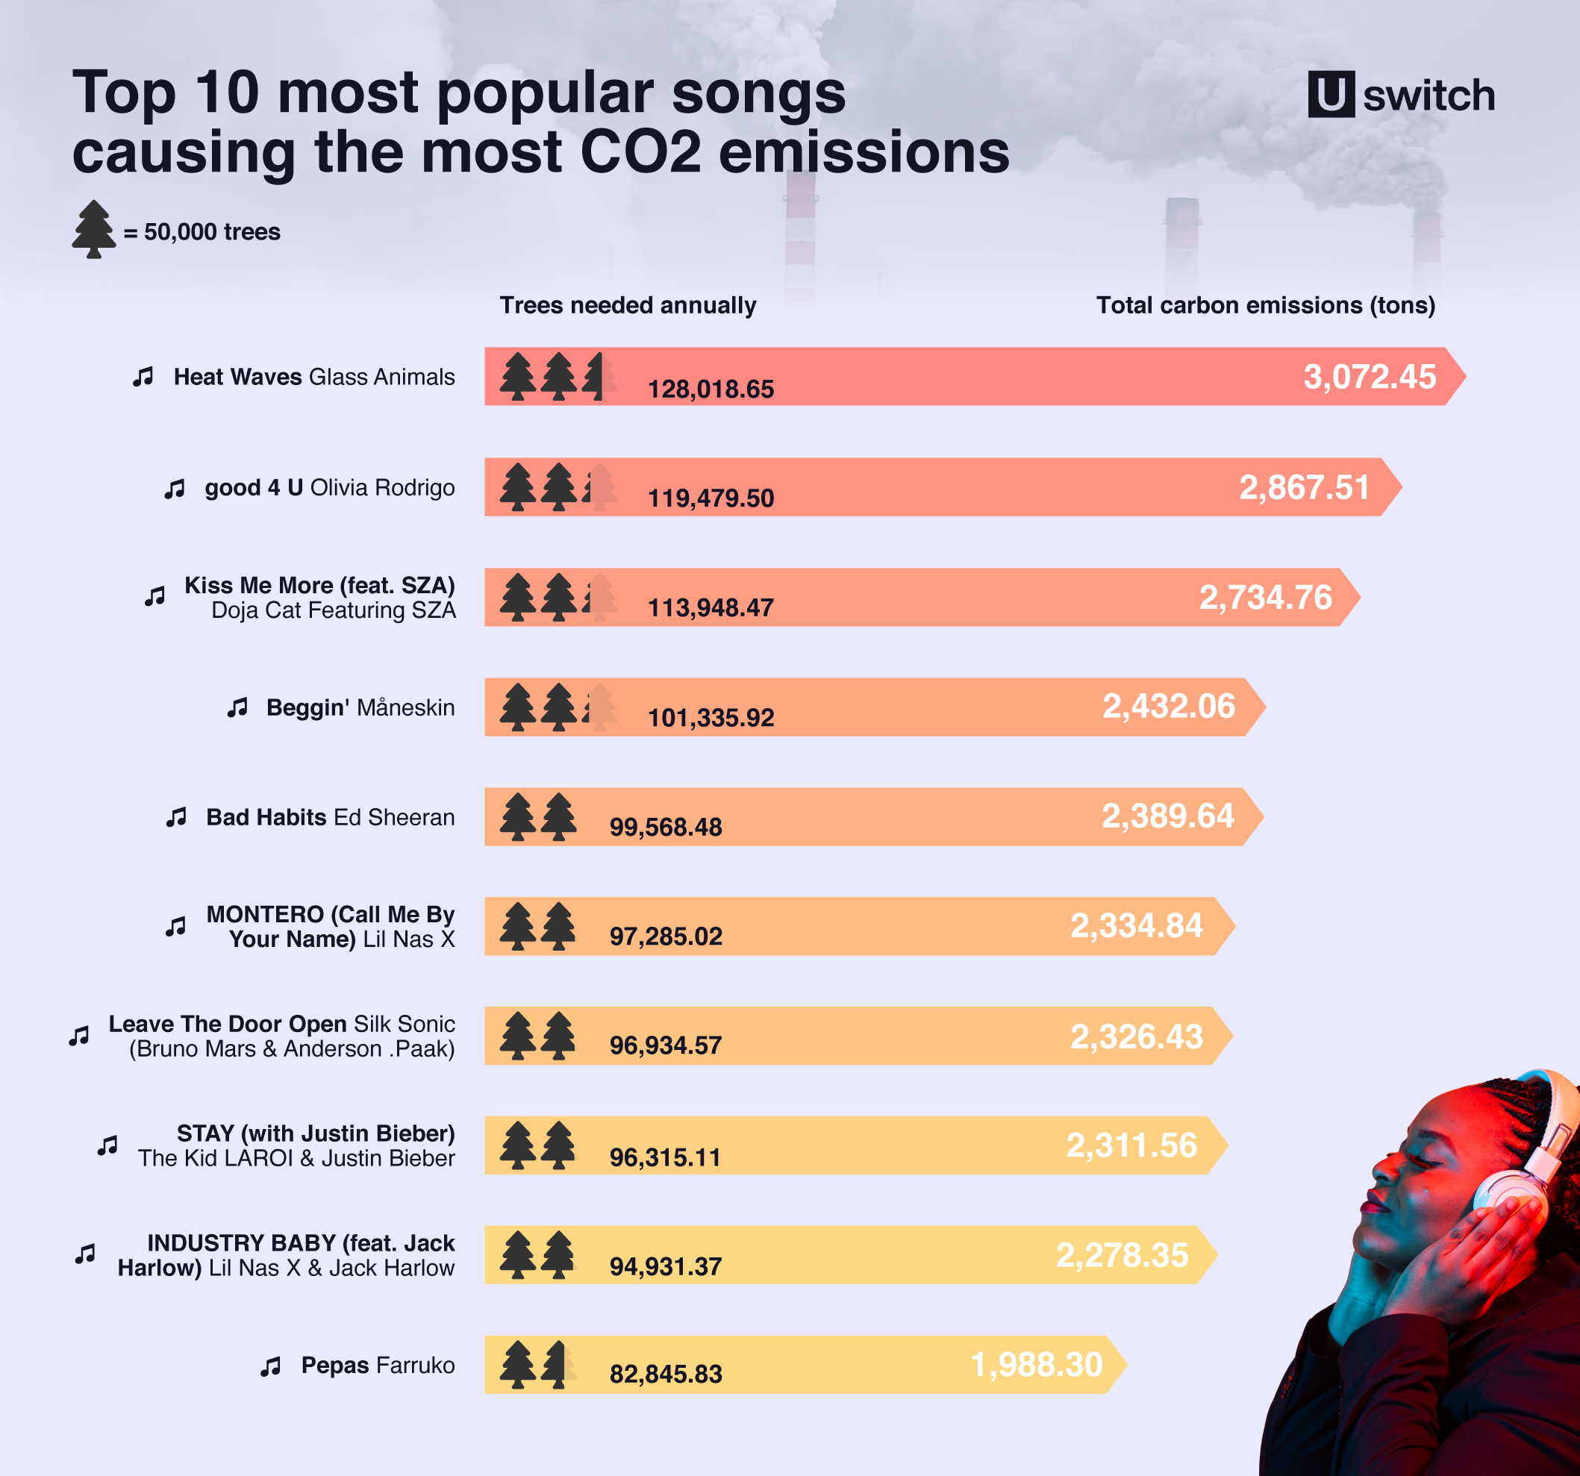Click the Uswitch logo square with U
click(1331, 95)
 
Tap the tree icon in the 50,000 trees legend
click(94, 229)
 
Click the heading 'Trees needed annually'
click(627, 305)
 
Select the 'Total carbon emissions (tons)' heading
click(1265, 305)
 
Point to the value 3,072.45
click(1370, 377)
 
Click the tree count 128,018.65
click(711, 389)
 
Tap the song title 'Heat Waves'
click(237, 377)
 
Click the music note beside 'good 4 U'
click(175, 489)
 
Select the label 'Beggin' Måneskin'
click(360, 707)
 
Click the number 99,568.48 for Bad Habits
click(665, 827)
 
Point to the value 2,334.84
click(1136, 926)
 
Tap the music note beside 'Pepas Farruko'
click(271, 1366)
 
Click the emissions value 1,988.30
click(1037, 1365)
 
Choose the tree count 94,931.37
click(665, 1266)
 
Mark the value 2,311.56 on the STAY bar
click(1131, 1145)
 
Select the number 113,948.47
click(711, 608)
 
